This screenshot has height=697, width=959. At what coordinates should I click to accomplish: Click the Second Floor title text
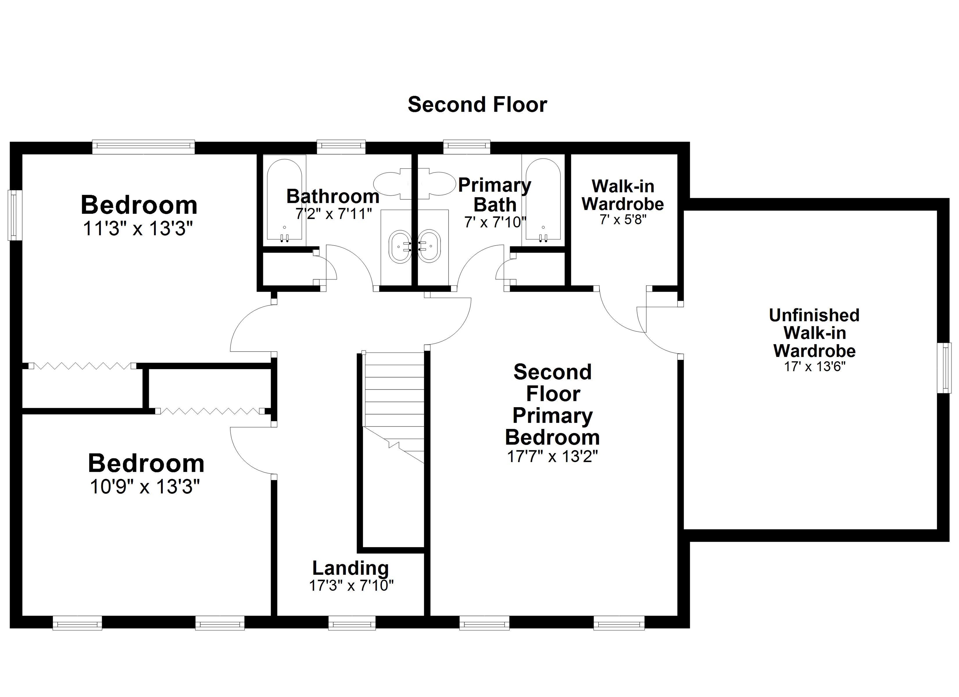477,105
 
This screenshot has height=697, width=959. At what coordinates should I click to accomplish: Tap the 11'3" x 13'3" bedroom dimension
138,229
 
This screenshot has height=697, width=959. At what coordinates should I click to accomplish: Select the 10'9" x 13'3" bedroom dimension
145,486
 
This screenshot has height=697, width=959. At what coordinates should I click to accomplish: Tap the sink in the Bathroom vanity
399,246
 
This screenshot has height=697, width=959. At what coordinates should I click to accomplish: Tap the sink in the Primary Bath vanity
430,246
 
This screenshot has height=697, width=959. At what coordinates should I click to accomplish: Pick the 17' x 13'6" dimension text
814,367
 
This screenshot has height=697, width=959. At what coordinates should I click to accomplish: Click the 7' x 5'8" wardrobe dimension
623,219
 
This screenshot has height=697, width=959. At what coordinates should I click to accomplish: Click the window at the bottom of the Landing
352,623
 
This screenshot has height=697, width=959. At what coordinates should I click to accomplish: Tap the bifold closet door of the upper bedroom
82,366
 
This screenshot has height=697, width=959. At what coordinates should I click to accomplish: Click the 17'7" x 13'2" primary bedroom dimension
552,456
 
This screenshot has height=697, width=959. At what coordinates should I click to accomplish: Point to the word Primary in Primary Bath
494,185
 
